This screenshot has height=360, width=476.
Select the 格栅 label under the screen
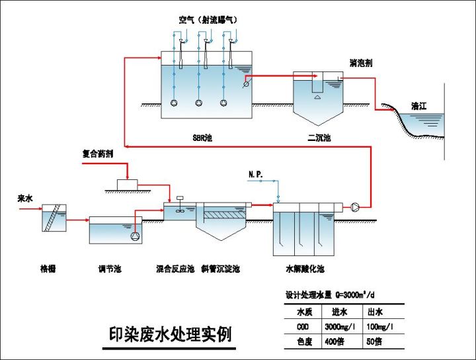tap(48, 269)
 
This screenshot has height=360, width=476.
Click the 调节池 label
tap(109, 269)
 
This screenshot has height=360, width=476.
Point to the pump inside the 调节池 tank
tap(136, 236)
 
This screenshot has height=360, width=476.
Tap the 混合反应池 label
tap(175, 269)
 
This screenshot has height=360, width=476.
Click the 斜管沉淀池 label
tap(220, 269)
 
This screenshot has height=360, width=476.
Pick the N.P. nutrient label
tap(256, 174)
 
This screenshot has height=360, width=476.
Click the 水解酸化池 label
tap(305, 269)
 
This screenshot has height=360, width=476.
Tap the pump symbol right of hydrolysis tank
tap(356, 207)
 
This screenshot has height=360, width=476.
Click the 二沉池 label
tap(319, 138)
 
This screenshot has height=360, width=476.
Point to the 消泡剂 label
tap(360, 63)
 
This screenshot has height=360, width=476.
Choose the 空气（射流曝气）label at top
tap(208, 20)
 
